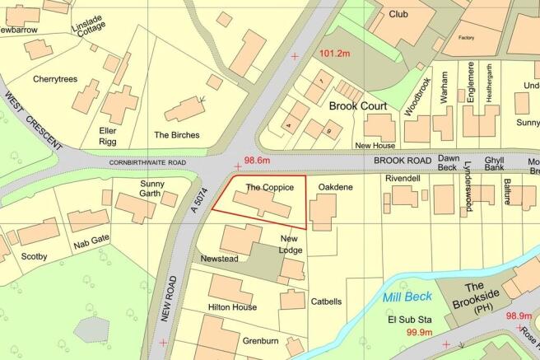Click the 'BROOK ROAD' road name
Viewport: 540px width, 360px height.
tap(402, 162)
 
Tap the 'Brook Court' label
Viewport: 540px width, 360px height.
tap(358, 106)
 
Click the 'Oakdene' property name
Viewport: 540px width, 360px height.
tap(336, 188)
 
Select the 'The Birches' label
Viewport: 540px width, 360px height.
tap(176, 135)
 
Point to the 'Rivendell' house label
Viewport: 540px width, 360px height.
tap(403, 178)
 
